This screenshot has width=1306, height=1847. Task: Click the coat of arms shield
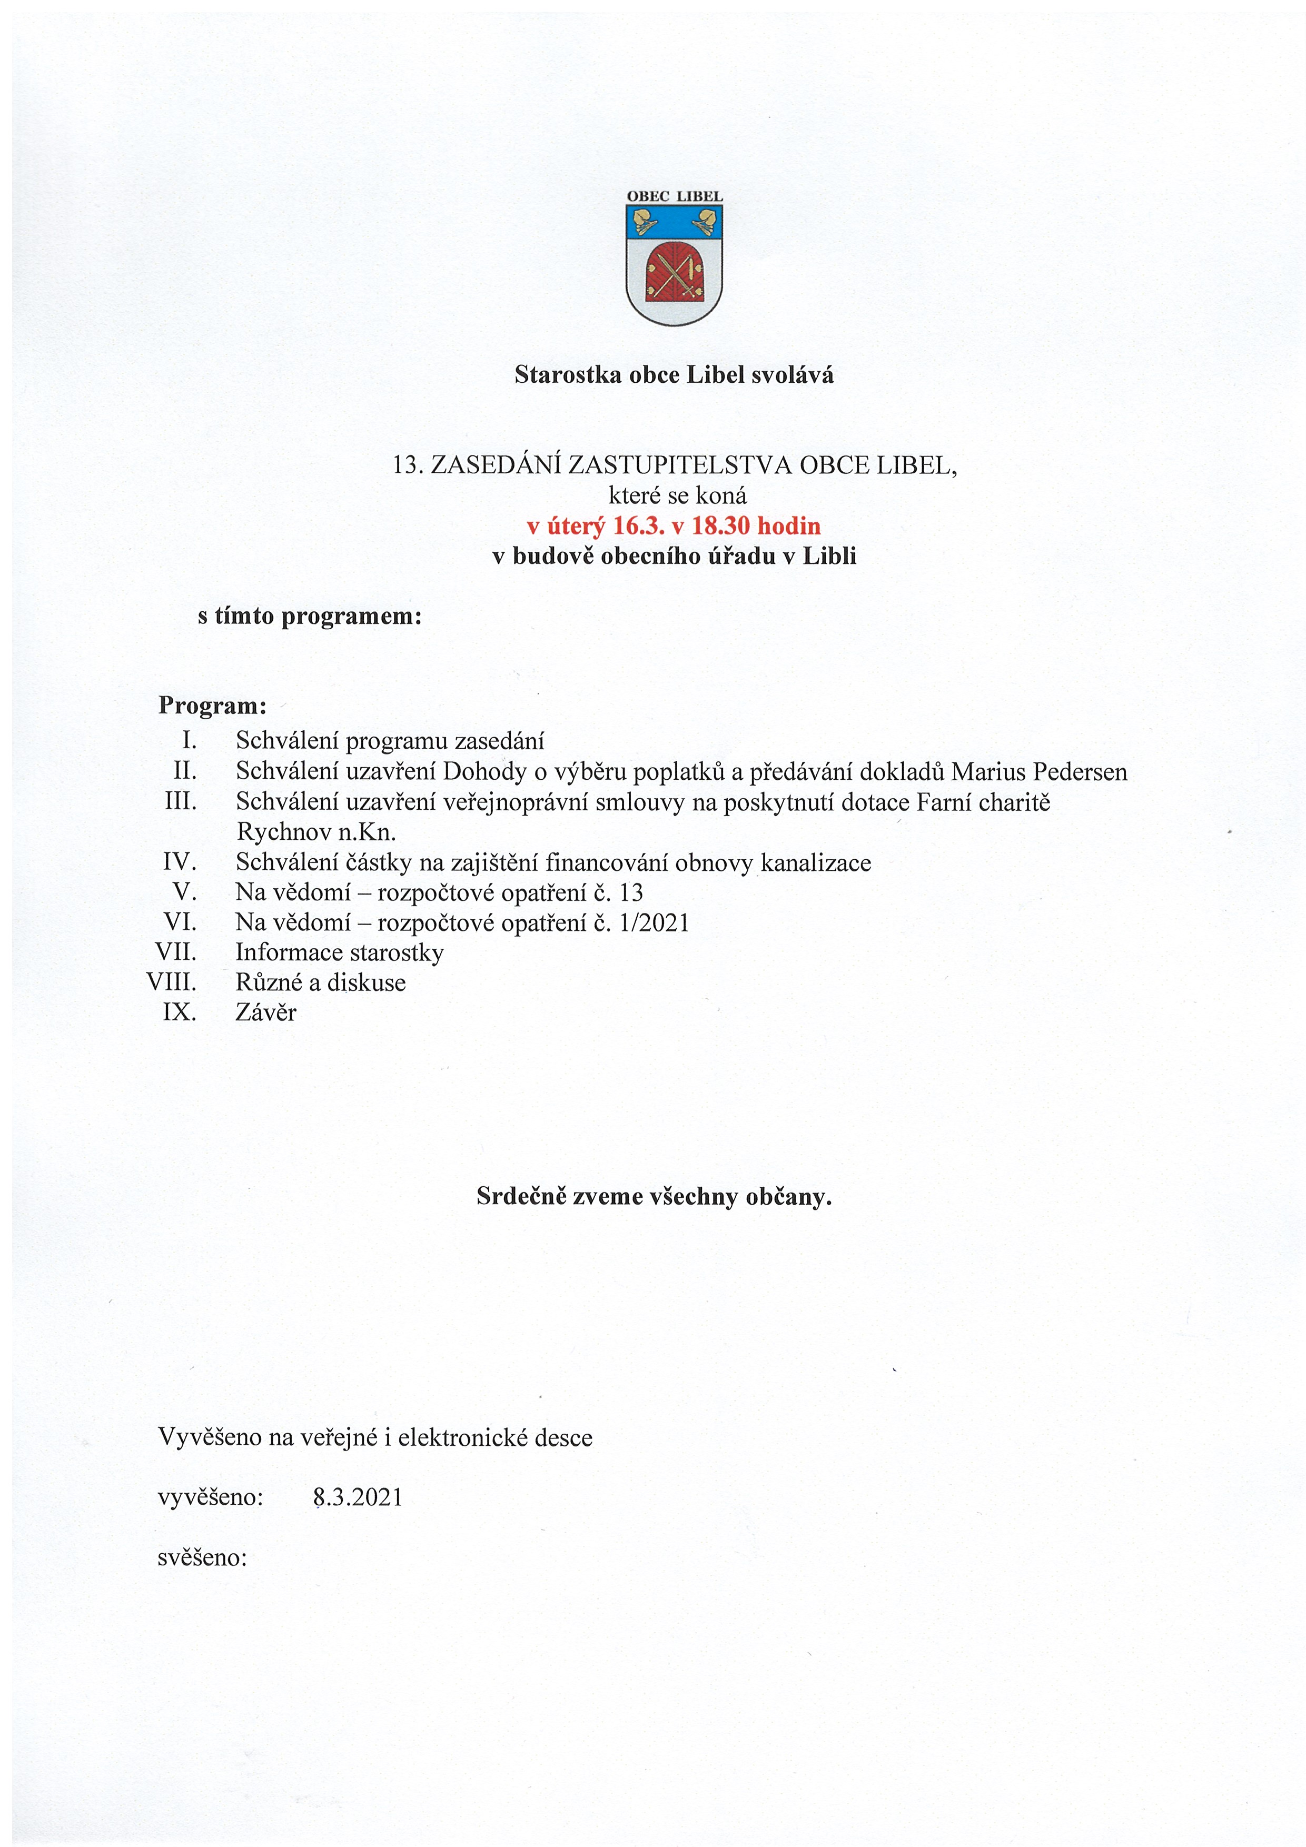(674, 264)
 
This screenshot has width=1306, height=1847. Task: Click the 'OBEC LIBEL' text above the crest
(674, 196)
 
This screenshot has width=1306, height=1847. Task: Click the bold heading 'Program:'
(212, 706)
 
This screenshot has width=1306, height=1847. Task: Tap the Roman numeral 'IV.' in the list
(180, 862)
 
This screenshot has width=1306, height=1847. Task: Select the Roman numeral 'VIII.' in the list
(171, 982)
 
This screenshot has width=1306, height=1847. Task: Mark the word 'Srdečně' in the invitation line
(521, 1196)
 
